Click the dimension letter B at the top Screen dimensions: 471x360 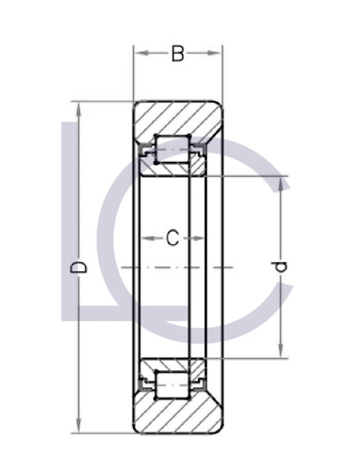coord(177,55)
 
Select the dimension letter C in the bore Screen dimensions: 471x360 coord(172,239)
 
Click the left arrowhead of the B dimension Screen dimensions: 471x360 coord(138,55)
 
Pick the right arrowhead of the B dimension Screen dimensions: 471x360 coord(219,55)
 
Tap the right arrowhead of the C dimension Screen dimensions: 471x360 coord(201,239)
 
